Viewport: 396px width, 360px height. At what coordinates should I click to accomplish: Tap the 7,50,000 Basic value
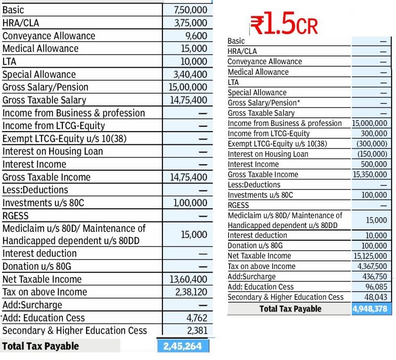coord(191,10)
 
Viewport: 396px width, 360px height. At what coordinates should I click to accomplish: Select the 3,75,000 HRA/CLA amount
coord(191,23)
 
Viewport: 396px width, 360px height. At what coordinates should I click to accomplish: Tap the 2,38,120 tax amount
coord(191,292)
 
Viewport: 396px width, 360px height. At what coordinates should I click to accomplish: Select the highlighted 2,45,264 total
coord(183,346)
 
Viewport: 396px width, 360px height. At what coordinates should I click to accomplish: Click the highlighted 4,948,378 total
coord(371,309)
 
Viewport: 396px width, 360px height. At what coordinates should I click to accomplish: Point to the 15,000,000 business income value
coord(370,123)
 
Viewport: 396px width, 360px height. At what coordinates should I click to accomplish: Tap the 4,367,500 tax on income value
coord(372,267)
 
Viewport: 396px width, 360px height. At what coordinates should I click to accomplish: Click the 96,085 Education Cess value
coord(377,287)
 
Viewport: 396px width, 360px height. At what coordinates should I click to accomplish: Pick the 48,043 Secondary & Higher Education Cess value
coord(377,297)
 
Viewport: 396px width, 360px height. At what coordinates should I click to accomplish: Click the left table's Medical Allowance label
coord(41,48)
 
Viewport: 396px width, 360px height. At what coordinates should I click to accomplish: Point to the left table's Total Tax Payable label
coord(41,346)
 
